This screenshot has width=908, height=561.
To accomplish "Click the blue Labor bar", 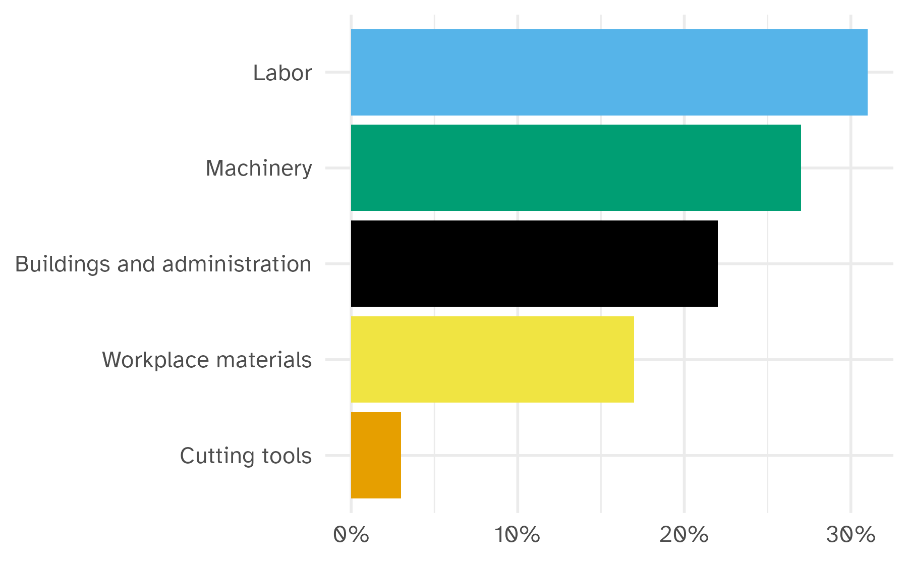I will pyautogui.click(x=609, y=72).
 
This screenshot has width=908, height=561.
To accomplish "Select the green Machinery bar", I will pyautogui.click(x=576, y=167).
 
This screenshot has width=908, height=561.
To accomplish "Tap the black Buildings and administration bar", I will pyautogui.click(x=534, y=263).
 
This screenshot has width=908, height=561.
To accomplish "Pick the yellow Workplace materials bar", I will pyautogui.click(x=492, y=359).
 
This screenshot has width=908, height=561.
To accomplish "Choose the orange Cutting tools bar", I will pyautogui.click(x=376, y=455).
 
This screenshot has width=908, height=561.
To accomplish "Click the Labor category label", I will pyautogui.click(x=282, y=73).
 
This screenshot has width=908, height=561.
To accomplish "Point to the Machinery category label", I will pyautogui.click(x=259, y=169).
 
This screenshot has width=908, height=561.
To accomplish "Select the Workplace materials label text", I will pyautogui.click(x=207, y=360).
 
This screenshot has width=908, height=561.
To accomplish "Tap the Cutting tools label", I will pyautogui.click(x=246, y=456).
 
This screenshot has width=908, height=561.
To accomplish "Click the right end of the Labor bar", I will pyautogui.click(x=866, y=72).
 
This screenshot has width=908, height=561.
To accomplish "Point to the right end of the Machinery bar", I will pyautogui.click(x=800, y=167).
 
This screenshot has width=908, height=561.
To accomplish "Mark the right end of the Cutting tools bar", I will pyautogui.click(x=400, y=455).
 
